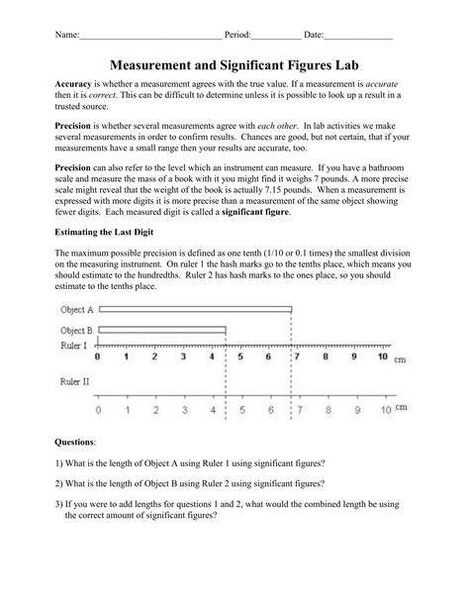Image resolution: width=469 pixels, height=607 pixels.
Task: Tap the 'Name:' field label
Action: [67, 35]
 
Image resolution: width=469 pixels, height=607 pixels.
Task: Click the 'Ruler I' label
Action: [73, 346]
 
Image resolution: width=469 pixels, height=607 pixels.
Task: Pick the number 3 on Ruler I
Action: [184, 356]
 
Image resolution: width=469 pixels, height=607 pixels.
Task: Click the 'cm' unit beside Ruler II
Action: [401, 406]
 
